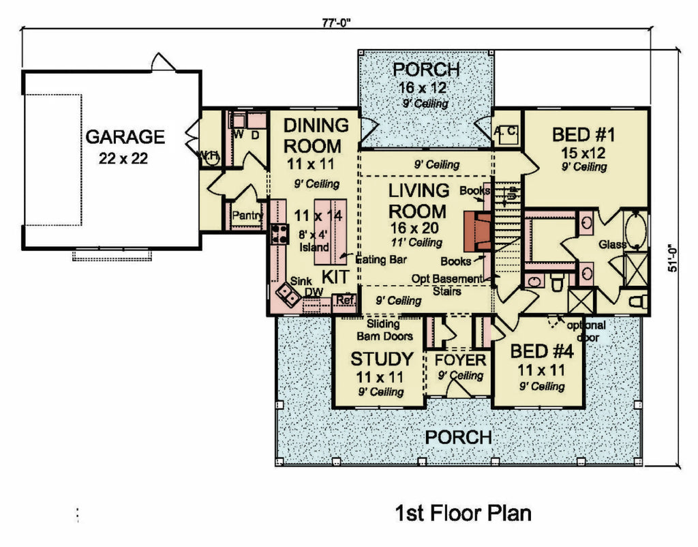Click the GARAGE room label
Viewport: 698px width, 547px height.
coord(125,137)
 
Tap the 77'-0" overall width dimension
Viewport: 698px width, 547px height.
coord(338,21)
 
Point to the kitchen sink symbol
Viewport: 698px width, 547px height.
coord(287,294)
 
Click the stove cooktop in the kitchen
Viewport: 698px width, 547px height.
coord(279,234)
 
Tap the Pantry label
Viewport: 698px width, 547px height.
coord(247,216)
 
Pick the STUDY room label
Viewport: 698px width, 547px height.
coord(381,359)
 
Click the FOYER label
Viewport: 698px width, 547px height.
coord(461,360)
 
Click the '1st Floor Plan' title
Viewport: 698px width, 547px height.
coord(463,513)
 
